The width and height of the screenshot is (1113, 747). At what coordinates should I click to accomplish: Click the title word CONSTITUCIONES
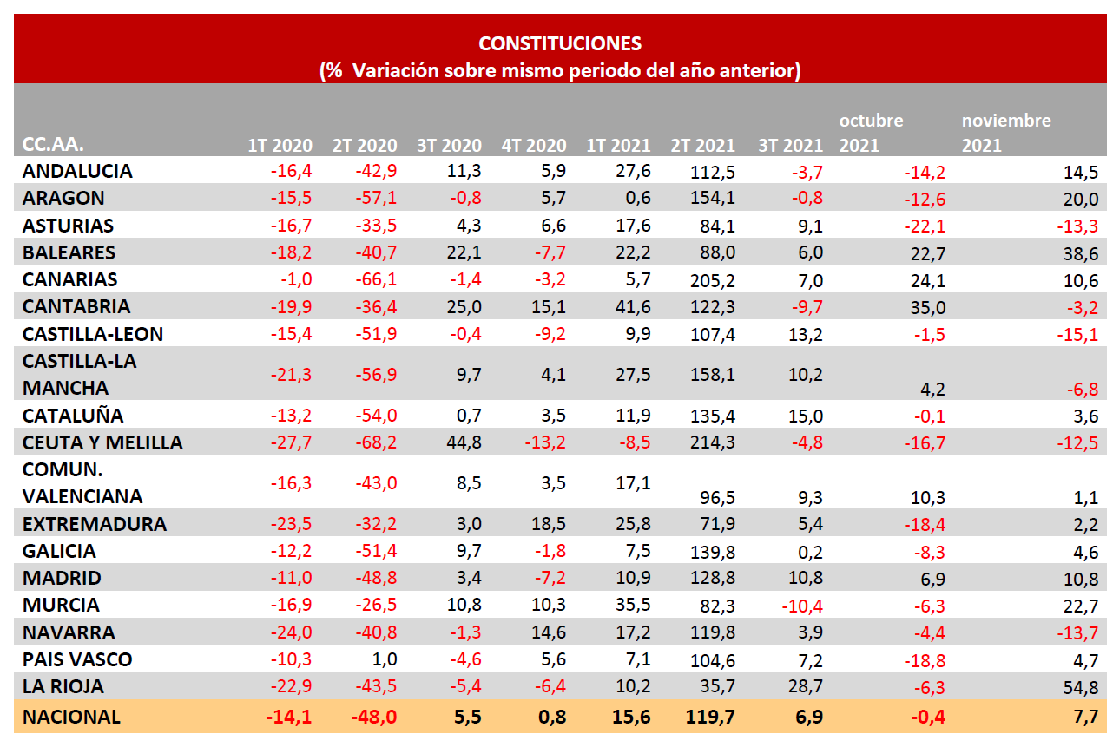point(560,43)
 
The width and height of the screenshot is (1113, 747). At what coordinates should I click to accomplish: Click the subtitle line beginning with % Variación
point(560,70)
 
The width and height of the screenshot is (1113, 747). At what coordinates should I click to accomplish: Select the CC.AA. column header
point(53,145)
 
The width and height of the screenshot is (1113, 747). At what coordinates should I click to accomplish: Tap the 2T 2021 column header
point(702,145)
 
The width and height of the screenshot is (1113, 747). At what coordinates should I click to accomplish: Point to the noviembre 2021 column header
point(1005,133)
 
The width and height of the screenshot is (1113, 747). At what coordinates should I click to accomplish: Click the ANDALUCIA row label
point(77,171)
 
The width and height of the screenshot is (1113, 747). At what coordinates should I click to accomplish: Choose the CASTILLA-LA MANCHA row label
point(79,374)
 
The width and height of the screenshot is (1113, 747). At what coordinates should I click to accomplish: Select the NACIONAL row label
point(71,717)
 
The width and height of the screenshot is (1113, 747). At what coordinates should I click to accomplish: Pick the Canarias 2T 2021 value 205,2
point(713,280)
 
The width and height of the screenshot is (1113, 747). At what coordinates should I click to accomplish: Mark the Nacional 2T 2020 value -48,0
point(375,717)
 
